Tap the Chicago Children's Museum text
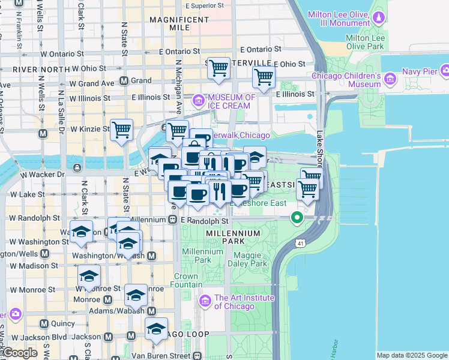346,80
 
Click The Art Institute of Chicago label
244,302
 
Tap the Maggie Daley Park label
246,260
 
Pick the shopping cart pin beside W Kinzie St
121,129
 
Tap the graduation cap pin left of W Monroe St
89,276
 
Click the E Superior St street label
205,5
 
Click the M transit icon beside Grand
124,80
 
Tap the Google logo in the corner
19,353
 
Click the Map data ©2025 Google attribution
412,355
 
